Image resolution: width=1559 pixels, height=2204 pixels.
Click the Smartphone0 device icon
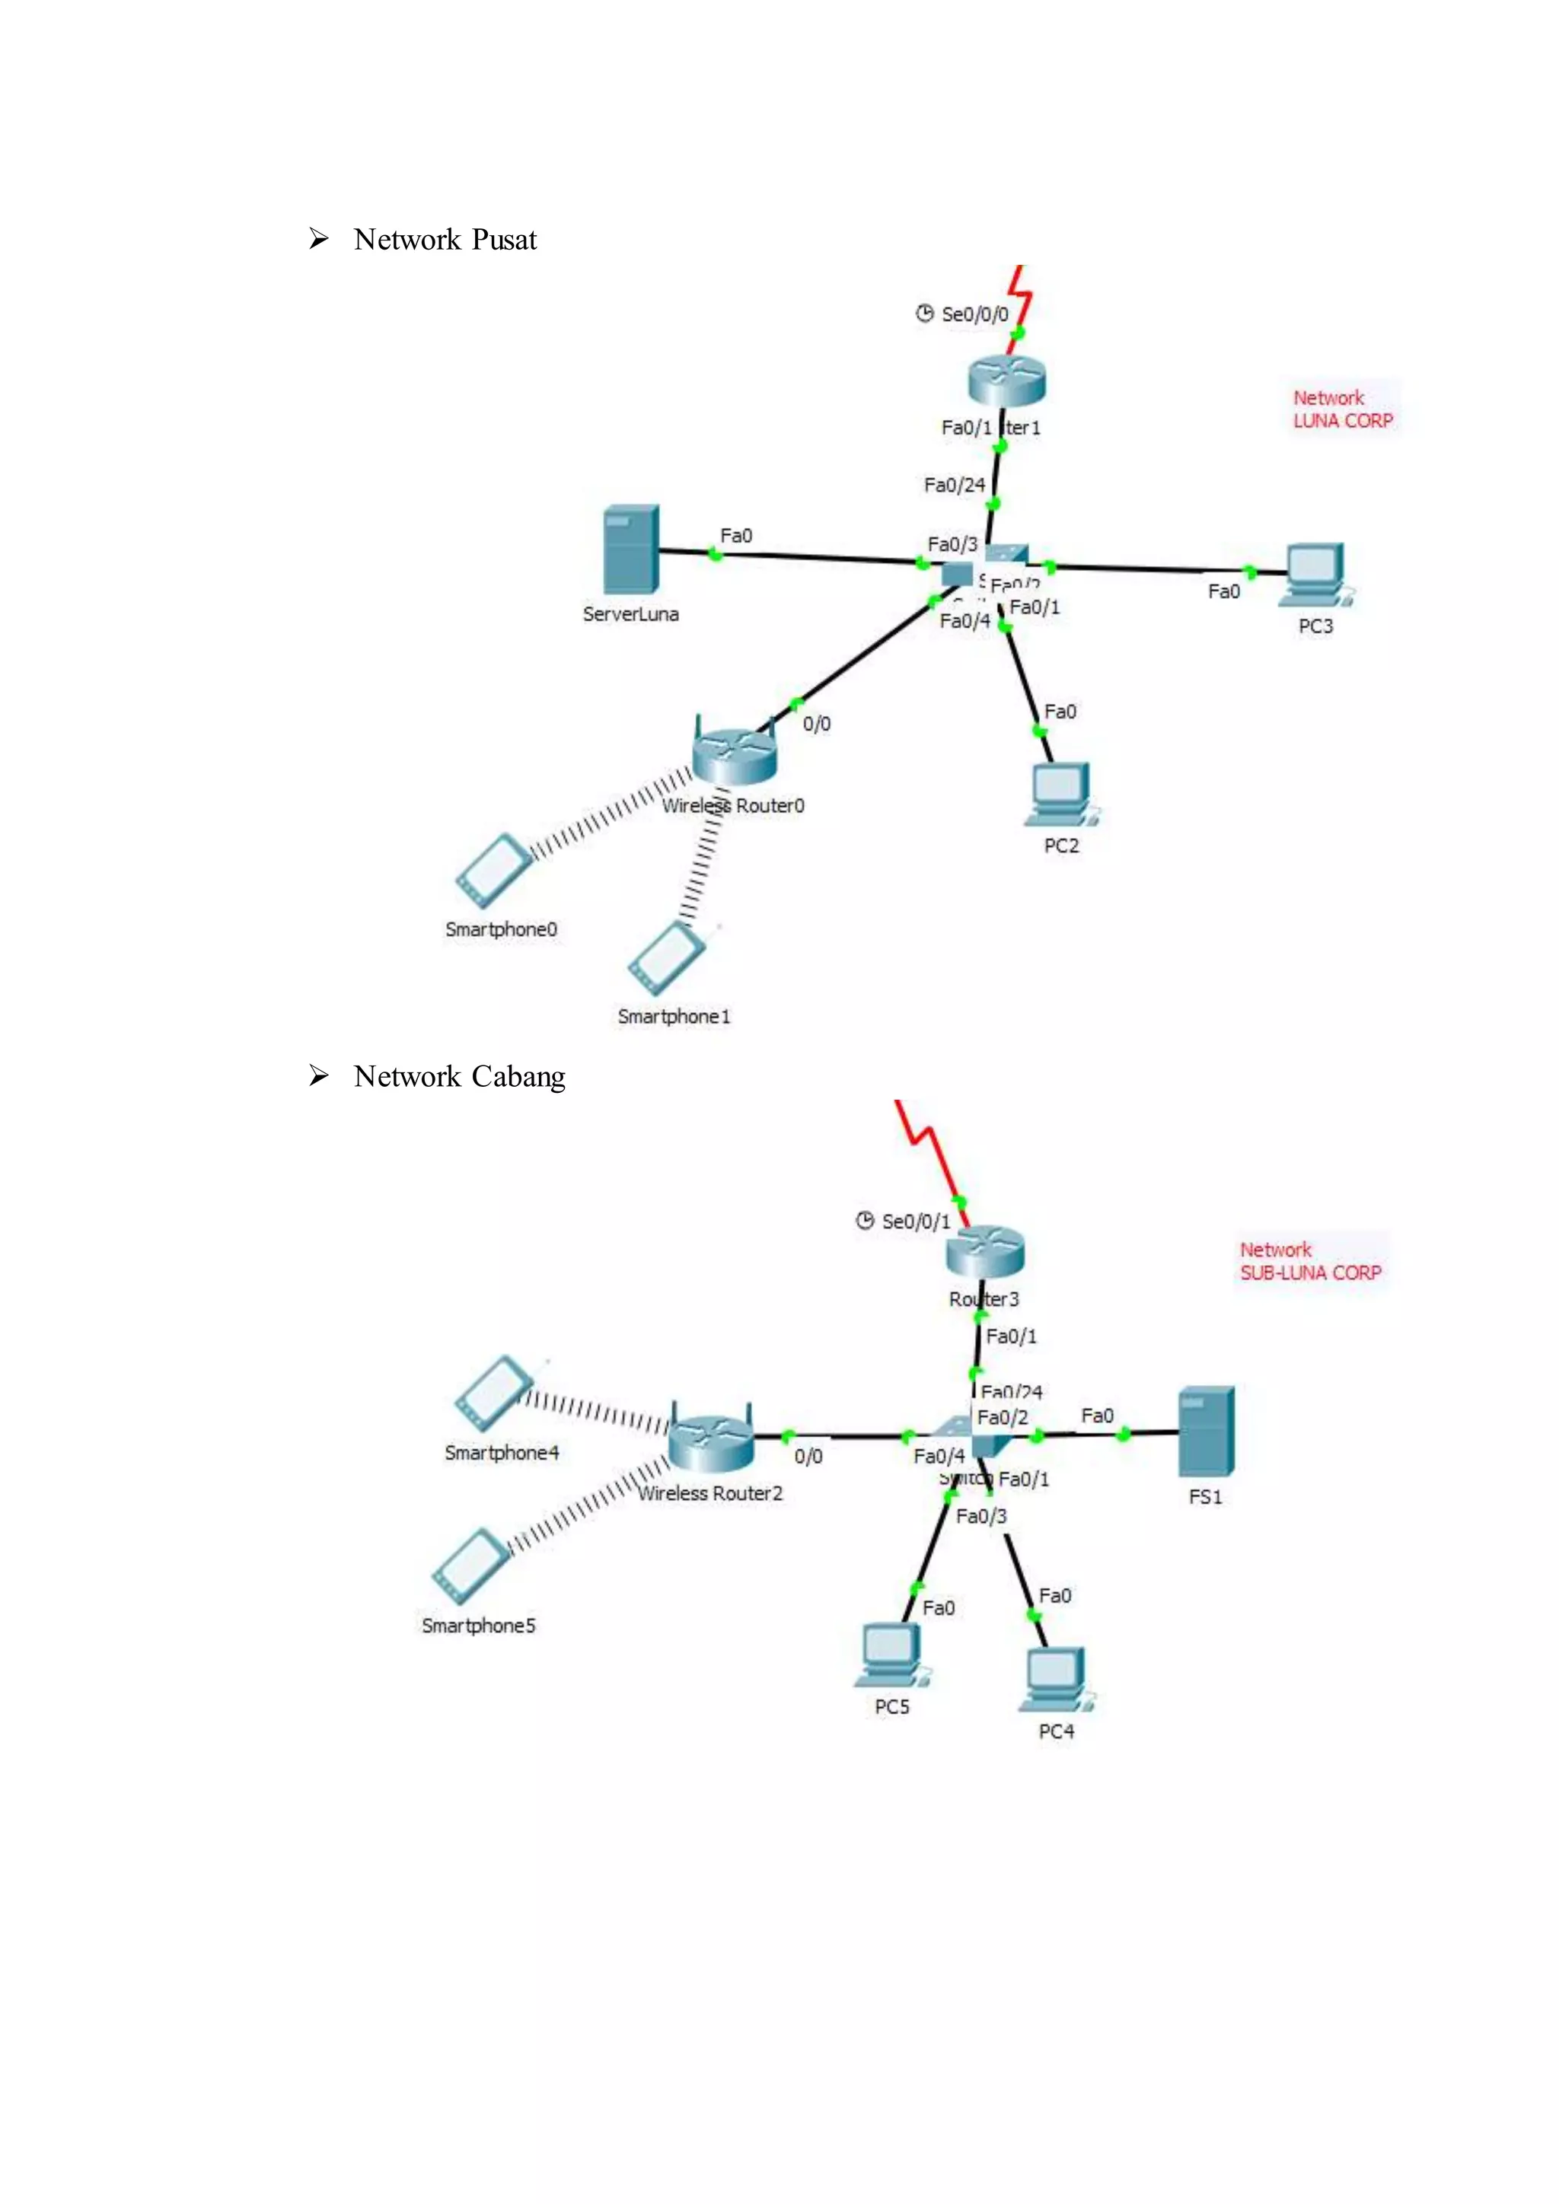coord(493,871)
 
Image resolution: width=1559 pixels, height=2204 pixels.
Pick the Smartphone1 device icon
coord(666,958)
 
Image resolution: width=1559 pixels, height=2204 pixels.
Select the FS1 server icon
coord(1206,1432)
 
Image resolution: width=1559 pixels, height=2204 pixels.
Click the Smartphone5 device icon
coord(471,1565)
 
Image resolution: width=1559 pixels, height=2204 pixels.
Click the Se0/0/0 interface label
coord(974,314)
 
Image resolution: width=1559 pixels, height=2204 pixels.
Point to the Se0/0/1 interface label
coord(915,1221)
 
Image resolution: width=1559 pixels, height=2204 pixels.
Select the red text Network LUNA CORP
coord(1342,409)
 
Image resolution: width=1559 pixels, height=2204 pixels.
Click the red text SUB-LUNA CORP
coord(1310,1273)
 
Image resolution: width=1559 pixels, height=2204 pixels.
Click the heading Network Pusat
coord(445,239)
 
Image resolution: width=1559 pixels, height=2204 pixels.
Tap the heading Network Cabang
coord(459,1076)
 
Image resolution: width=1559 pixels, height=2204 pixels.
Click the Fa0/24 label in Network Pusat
coord(955,485)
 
